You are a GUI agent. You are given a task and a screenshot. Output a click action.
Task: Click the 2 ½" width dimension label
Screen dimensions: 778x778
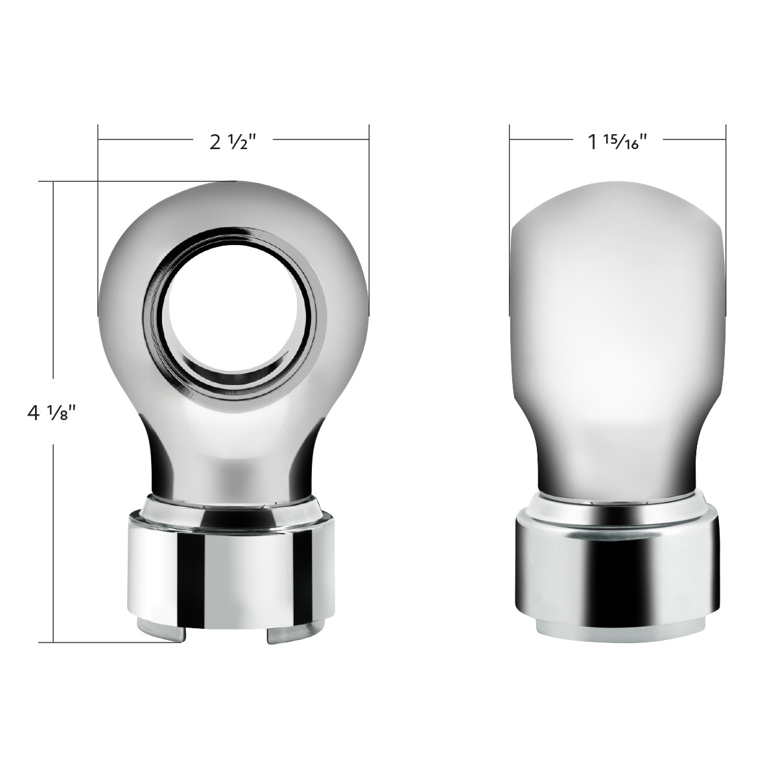(230, 142)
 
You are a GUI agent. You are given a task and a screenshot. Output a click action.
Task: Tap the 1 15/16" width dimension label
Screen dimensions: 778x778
(617, 142)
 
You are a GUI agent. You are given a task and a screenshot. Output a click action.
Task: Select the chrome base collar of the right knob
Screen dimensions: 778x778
(617, 571)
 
